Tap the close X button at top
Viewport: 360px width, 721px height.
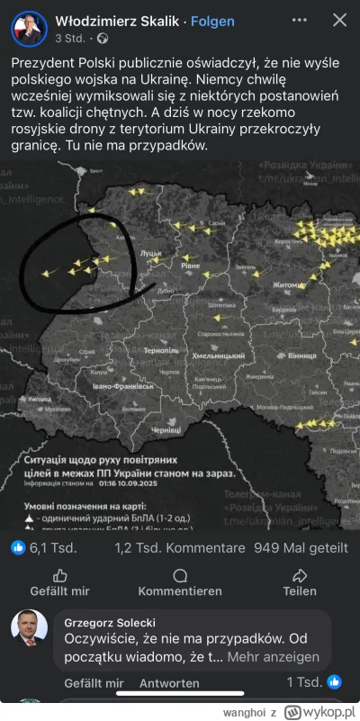(338, 20)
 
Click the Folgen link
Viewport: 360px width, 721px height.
(215, 21)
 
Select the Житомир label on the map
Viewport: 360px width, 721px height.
(291, 285)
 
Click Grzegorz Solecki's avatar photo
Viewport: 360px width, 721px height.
(29, 627)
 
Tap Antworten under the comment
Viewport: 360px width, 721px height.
(168, 684)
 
